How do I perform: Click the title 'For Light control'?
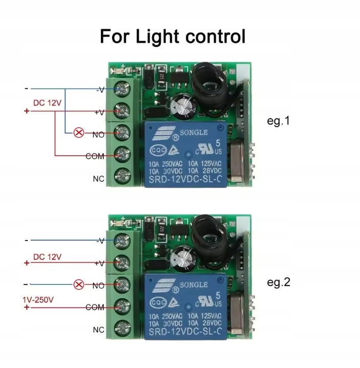coord(173,37)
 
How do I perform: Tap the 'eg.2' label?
coord(279,282)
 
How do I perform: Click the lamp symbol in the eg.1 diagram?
coord(79,133)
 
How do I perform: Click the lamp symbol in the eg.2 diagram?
coord(78,284)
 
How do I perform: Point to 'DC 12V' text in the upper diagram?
coord(47,103)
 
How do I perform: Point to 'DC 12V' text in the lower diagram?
coord(47,256)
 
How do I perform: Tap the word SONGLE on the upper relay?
coord(193,133)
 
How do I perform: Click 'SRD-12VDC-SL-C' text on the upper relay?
coord(185,180)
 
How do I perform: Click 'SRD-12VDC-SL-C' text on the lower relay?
coord(185,332)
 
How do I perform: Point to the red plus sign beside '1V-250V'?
coord(27,307)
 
